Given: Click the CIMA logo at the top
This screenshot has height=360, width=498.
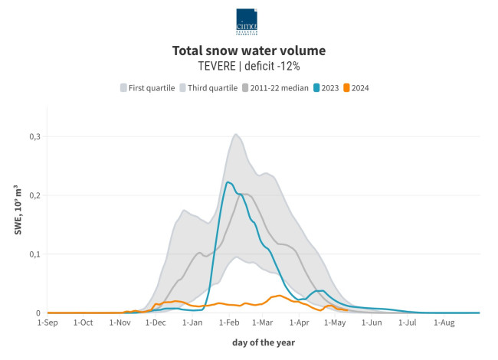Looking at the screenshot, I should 247,21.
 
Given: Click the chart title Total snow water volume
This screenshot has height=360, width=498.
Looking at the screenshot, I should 249,51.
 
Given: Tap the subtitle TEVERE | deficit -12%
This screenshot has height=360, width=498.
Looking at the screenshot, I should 249,67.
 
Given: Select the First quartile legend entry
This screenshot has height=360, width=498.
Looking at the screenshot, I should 147,88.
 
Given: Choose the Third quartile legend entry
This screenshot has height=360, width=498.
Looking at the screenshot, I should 208,88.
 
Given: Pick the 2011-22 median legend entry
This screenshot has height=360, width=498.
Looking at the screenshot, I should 276,88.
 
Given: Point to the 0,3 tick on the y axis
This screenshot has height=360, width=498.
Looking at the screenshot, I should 34,136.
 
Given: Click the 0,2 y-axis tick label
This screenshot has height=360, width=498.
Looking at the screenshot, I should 34,195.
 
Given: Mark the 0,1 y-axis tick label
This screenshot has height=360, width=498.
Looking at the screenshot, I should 34,254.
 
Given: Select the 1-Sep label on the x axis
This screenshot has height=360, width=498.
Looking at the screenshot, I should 48,323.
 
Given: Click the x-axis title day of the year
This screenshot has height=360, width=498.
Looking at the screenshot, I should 264,342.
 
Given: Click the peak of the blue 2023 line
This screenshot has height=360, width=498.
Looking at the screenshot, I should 228,182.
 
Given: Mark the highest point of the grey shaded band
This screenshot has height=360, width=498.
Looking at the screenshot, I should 236,135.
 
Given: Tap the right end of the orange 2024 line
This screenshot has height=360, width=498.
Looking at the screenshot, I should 347,310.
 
